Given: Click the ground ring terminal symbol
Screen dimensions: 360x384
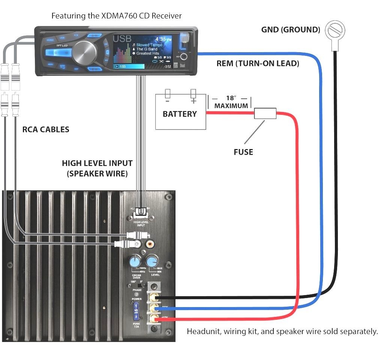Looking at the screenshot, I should pyautogui.click(x=334, y=31).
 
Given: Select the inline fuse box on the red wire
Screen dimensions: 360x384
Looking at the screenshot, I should pyautogui.click(x=265, y=113).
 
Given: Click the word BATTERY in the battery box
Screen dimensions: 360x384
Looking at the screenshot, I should pyautogui.click(x=180, y=114).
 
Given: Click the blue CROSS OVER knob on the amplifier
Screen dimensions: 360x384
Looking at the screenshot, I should pyautogui.click(x=134, y=261).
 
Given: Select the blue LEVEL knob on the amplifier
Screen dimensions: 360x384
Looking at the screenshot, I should pyautogui.click(x=152, y=261).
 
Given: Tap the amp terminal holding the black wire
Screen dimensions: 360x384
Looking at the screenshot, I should pyautogui.click(x=153, y=298).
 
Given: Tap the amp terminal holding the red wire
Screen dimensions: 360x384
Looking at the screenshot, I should pyautogui.click(x=153, y=319).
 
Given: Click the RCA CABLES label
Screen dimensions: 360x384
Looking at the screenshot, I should pyautogui.click(x=46, y=130).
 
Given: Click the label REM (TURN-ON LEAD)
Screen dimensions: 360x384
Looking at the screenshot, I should pyautogui.click(x=258, y=64).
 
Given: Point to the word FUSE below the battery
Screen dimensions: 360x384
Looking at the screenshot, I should pyautogui.click(x=243, y=152).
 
